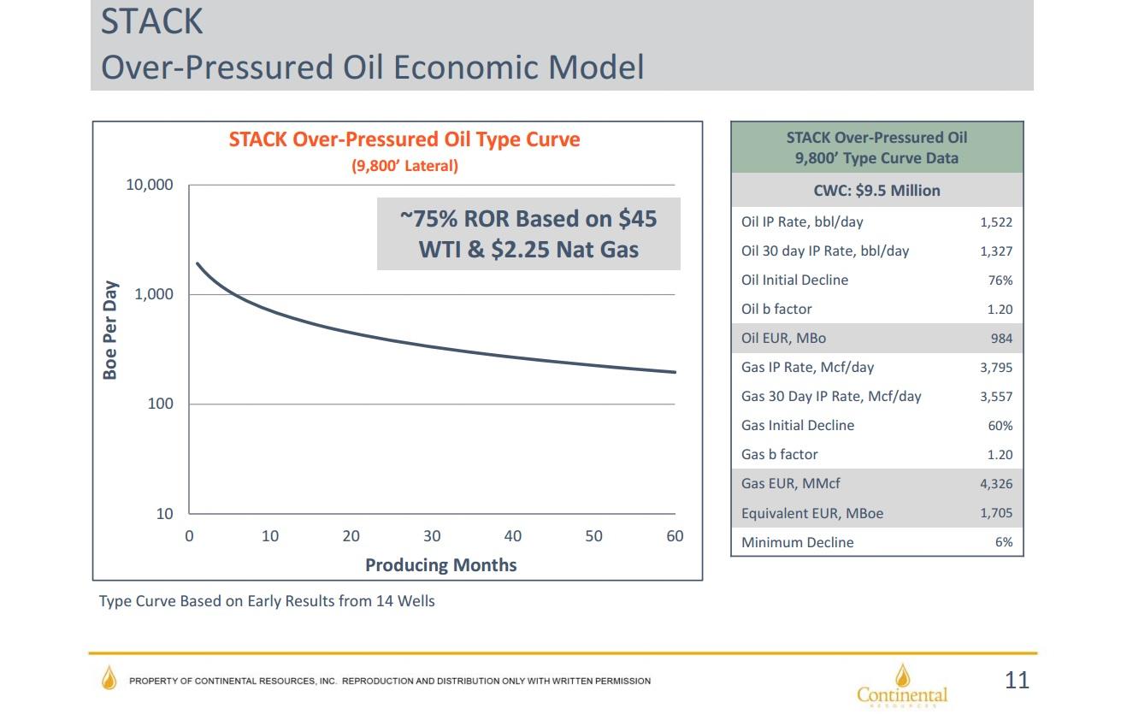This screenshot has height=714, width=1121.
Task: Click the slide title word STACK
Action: tap(152, 21)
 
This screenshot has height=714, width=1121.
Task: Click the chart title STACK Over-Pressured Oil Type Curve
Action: tap(404, 139)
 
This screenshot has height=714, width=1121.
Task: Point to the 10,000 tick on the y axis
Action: tap(149, 185)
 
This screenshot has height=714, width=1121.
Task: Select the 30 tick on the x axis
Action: tap(432, 536)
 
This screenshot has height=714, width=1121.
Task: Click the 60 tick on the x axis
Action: tap(675, 536)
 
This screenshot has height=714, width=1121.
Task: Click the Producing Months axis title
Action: tap(440, 565)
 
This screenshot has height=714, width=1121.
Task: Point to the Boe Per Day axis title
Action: tap(109, 329)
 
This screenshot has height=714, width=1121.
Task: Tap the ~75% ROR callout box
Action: tap(528, 233)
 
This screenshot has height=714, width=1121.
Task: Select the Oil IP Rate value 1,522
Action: tap(995, 222)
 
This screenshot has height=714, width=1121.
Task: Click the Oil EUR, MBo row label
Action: tap(783, 339)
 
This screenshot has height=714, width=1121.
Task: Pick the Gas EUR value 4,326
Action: tap(995, 484)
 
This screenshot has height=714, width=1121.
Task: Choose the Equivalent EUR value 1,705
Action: tap(995, 513)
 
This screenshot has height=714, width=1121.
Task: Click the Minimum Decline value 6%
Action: tap(1004, 542)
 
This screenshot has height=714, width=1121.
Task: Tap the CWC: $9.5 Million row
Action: tap(876, 191)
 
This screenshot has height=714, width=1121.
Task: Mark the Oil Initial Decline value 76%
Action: tap(1000, 280)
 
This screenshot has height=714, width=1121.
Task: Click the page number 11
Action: tap(1017, 681)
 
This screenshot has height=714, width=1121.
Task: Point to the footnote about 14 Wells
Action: tap(267, 601)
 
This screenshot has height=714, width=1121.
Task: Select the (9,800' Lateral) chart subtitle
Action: tap(404, 166)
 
